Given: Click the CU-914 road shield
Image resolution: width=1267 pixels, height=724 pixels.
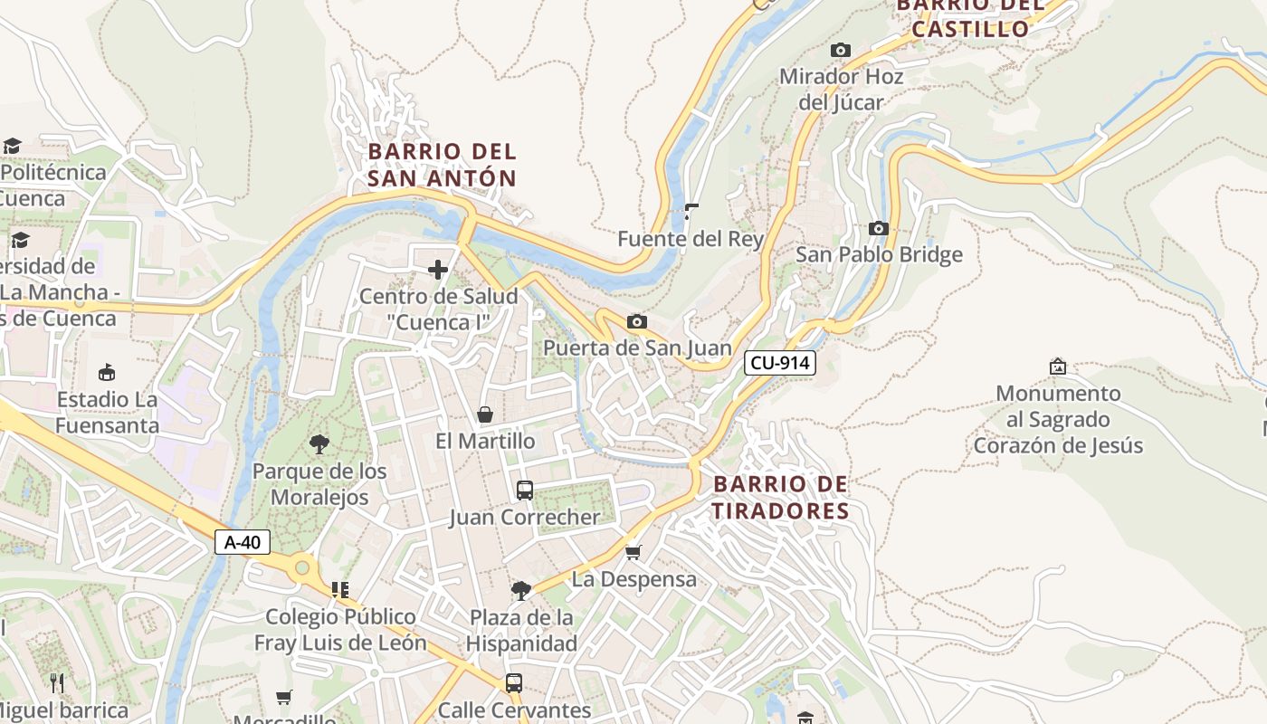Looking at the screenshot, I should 780,364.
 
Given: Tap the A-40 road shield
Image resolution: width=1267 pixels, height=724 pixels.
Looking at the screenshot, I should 243,542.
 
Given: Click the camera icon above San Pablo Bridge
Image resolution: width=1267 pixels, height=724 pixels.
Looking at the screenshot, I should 879,228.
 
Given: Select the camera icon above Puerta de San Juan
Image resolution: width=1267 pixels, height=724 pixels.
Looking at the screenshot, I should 637,321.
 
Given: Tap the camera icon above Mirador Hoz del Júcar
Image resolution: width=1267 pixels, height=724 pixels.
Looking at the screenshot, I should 841,50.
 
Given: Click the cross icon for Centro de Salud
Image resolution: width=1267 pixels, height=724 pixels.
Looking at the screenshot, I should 438,269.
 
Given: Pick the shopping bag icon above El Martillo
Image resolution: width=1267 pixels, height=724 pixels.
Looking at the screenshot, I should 485,414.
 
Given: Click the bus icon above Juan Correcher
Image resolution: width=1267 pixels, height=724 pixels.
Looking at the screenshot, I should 525,491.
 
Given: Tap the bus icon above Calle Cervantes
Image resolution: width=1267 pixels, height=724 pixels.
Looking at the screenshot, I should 514,682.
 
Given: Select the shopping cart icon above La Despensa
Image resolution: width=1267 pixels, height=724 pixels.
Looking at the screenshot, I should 633,552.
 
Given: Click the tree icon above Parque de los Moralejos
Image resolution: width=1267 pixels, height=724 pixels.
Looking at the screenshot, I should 319,443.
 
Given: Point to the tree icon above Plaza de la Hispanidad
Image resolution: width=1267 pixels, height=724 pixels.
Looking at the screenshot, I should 521,591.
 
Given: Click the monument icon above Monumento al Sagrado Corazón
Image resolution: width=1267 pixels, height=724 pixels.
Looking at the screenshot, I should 1057,367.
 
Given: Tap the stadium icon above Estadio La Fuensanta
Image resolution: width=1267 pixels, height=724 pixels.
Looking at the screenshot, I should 107,372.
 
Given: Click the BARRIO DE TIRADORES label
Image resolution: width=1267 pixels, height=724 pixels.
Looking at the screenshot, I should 780,498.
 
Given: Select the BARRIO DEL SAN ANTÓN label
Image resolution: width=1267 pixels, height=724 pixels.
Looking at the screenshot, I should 442,165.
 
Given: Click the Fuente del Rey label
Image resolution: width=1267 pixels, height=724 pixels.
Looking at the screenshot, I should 691,239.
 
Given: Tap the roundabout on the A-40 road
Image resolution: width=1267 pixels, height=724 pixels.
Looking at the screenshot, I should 302,568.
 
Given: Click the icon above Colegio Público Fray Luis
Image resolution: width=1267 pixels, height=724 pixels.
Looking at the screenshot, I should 340,590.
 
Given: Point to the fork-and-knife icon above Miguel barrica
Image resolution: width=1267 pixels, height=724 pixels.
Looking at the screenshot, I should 57,682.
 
